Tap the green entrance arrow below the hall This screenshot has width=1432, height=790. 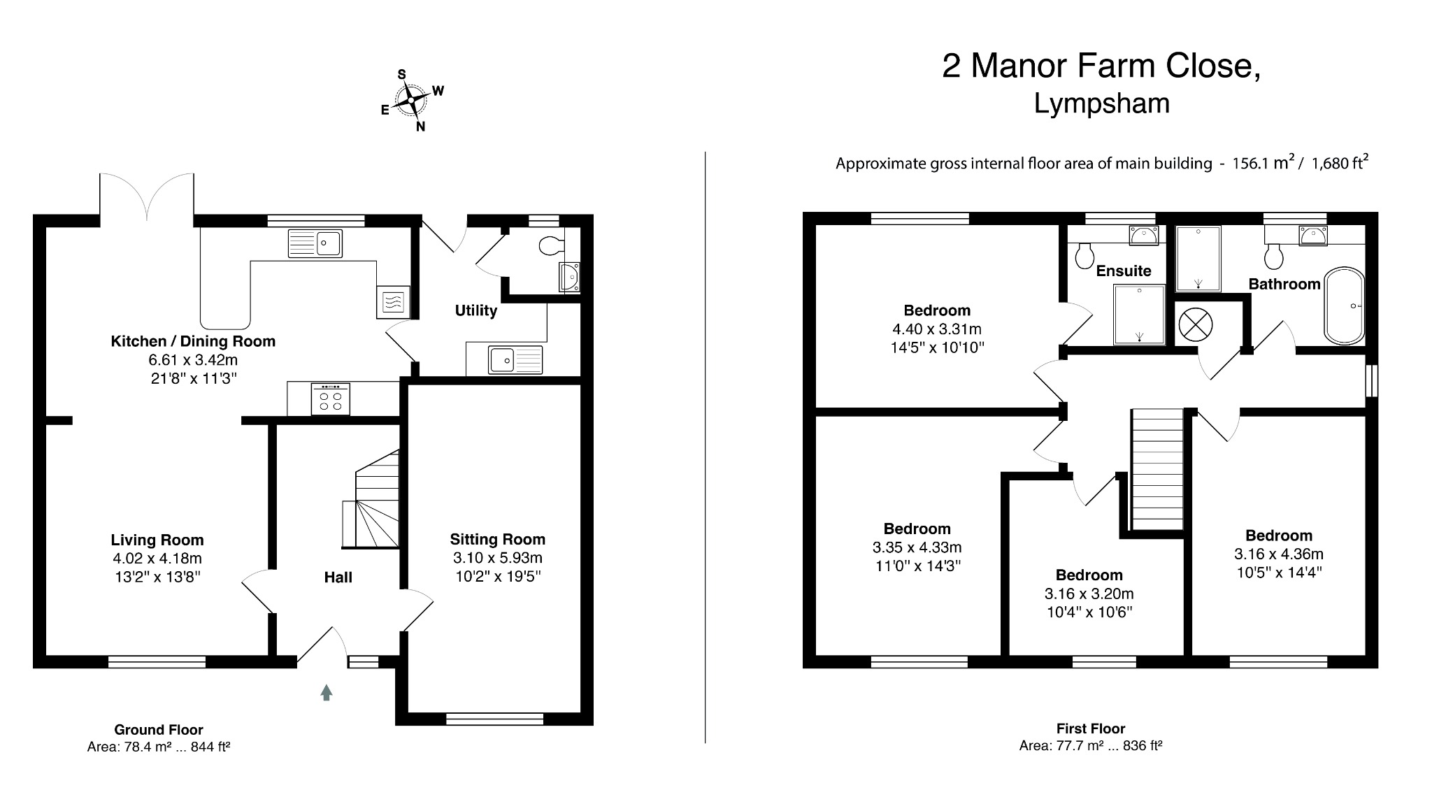[326, 692]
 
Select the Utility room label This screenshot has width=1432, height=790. [475, 310]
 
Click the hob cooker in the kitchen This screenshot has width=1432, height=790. [330, 400]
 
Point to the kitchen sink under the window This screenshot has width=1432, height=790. [315, 243]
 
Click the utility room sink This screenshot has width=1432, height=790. [516, 360]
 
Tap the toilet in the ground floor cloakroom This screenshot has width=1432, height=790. [552, 245]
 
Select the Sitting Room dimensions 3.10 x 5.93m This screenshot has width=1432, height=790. [497, 558]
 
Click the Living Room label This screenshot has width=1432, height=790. [157, 540]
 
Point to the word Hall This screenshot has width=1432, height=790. [338, 577]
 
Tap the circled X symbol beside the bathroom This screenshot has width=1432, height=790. [1195, 324]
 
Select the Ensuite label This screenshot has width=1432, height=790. [1123, 271]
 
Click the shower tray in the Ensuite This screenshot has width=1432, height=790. [1139, 314]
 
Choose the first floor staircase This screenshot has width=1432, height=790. [1157, 469]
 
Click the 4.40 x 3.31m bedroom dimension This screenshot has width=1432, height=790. [936, 329]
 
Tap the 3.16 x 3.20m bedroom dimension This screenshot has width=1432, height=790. [1089, 594]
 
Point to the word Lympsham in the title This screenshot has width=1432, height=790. [1101, 103]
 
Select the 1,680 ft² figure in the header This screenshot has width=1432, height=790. [1339, 164]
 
